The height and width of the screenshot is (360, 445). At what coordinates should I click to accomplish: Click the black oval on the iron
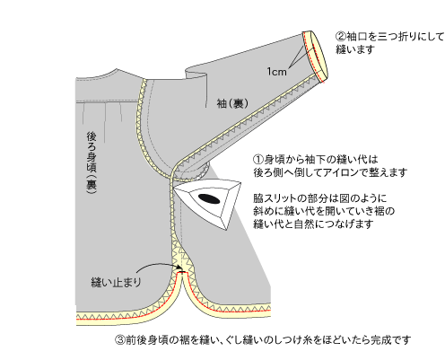click(x=209, y=198)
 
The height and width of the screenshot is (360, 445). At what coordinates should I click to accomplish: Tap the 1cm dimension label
click(x=276, y=72)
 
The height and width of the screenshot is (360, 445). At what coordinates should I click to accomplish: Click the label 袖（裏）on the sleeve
click(x=232, y=103)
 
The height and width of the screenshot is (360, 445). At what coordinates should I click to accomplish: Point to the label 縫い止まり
click(x=116, y=282)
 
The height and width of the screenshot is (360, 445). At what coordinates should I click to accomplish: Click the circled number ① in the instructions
click(x=258, y=159)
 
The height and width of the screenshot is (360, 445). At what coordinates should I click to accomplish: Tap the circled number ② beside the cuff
click(x=341, y=37)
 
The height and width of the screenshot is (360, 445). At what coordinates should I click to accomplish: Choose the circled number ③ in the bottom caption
click(x=120, y=340)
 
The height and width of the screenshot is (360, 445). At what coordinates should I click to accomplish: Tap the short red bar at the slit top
click(x=180, y=273)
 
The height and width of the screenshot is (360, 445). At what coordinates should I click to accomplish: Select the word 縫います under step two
click(x=355, y=49)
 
